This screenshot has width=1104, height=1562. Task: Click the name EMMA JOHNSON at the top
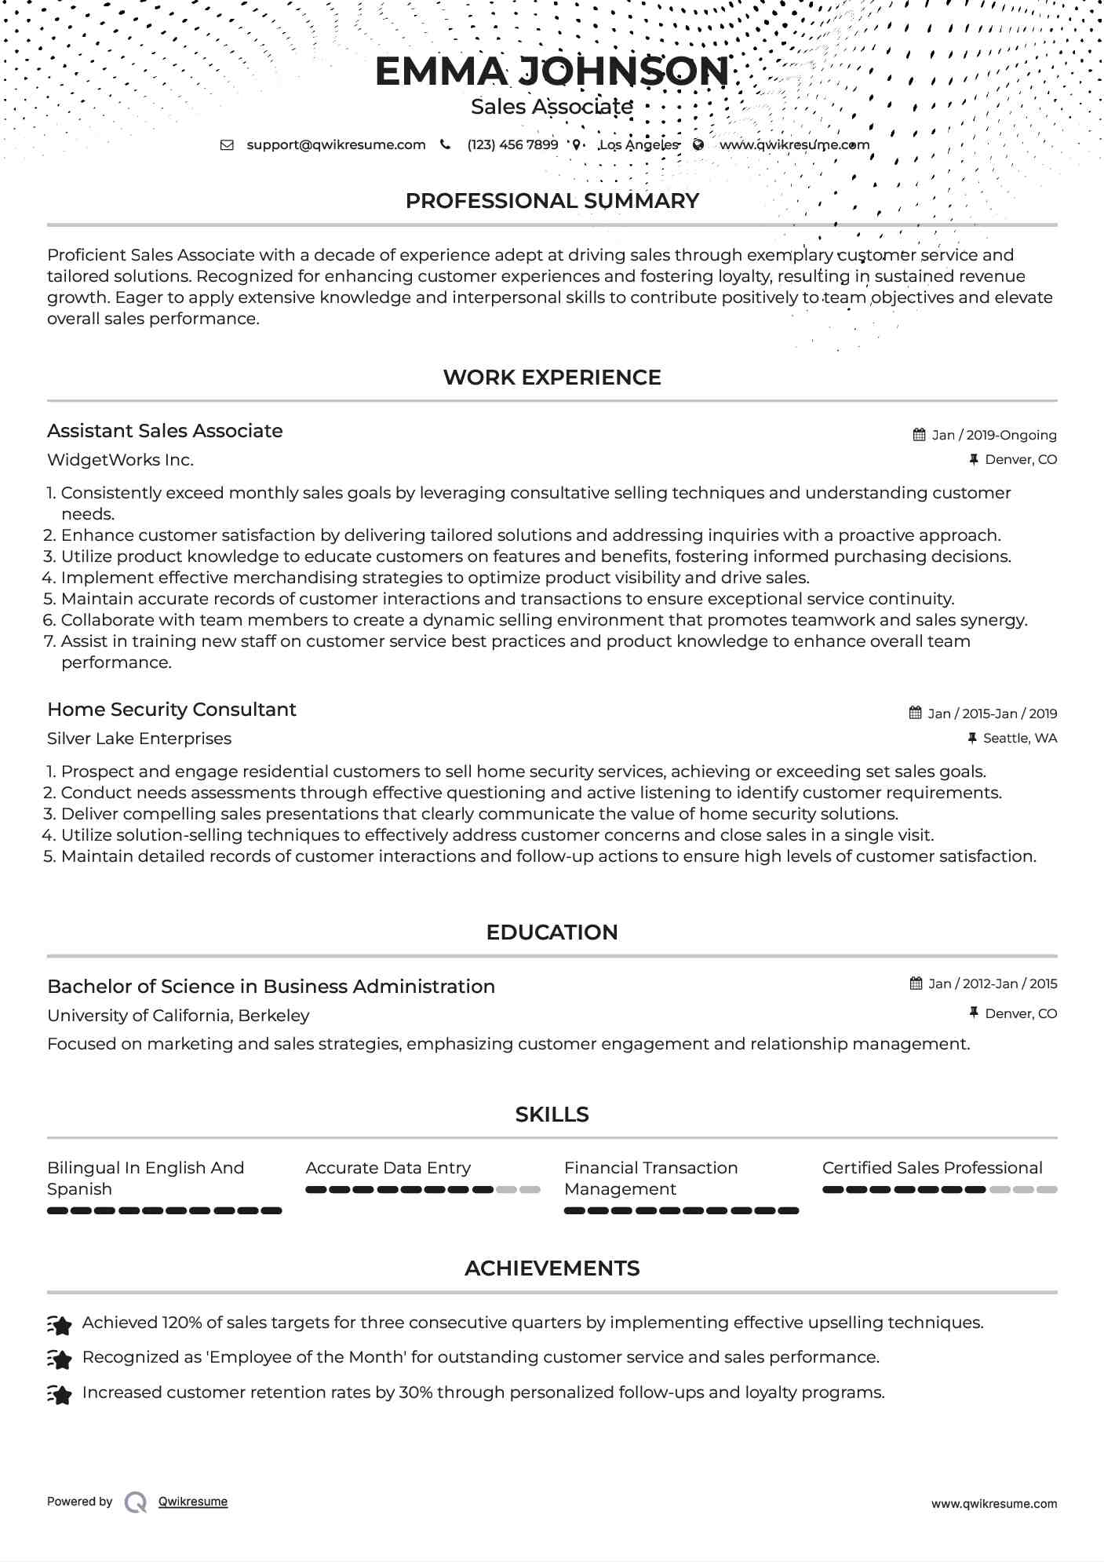(x=552, y=71)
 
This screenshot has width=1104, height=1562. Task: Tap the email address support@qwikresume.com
(x=336, y=145)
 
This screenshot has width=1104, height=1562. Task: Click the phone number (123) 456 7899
(x=512, y=145)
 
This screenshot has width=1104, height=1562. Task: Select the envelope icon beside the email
(x=227, y=145)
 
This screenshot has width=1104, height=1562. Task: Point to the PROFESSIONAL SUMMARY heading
(x=552, y=201)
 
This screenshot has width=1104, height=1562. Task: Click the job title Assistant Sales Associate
(x=165, y=431)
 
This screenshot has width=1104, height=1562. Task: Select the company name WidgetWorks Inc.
(x=120, y=460)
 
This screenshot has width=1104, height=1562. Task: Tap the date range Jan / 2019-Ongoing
(x=993, y=436)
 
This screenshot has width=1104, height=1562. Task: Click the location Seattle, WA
(x=1019, y=739)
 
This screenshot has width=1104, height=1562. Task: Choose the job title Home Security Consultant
(x=172, y=710)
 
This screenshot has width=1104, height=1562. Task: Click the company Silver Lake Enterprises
(x=139, y=739)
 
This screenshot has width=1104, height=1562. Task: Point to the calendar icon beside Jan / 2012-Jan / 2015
(x=916, y=984)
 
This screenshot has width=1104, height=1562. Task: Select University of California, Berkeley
(x=178, y=1016)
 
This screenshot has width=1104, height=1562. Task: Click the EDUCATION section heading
(x=552, y=932)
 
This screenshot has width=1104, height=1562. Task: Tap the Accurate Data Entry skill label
(x=388, y=1168)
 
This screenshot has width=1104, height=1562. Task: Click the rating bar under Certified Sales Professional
(x=939, y=1190)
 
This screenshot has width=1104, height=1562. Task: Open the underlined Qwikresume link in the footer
(x=193, y=1502)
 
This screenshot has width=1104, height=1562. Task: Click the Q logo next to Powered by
(x=136, y=1502)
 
